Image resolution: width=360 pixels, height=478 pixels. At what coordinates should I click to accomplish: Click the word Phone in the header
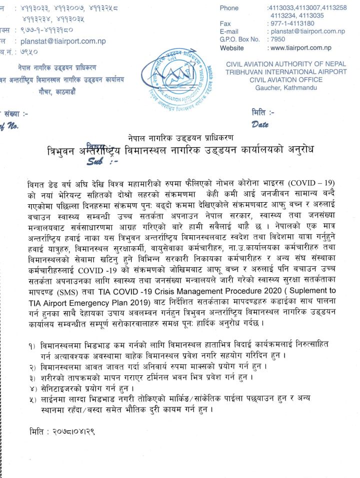click(x=229, y=8)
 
